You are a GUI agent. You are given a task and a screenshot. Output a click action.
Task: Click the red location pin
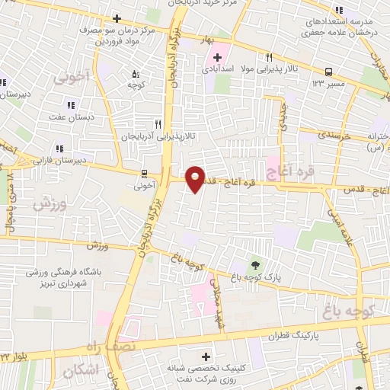[x=196, y=178]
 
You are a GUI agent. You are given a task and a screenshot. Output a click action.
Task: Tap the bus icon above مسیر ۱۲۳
[x=328, y=72]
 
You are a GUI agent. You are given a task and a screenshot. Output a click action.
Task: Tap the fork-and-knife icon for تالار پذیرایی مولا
[x=269, y=58]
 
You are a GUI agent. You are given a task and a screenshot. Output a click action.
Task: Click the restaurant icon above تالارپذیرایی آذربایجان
[x=158, y=123]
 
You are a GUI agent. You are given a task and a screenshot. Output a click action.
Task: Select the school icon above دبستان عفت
[x=71, y=105]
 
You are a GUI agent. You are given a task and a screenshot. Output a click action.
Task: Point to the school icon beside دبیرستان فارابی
[x=58, y=149]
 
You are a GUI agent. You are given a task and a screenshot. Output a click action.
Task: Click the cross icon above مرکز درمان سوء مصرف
[x=117, y=18]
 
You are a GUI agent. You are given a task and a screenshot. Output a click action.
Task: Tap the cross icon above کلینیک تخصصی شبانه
[x=204, y=356]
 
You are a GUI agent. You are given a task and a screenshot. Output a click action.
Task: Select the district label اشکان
[x=78, y=371]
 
